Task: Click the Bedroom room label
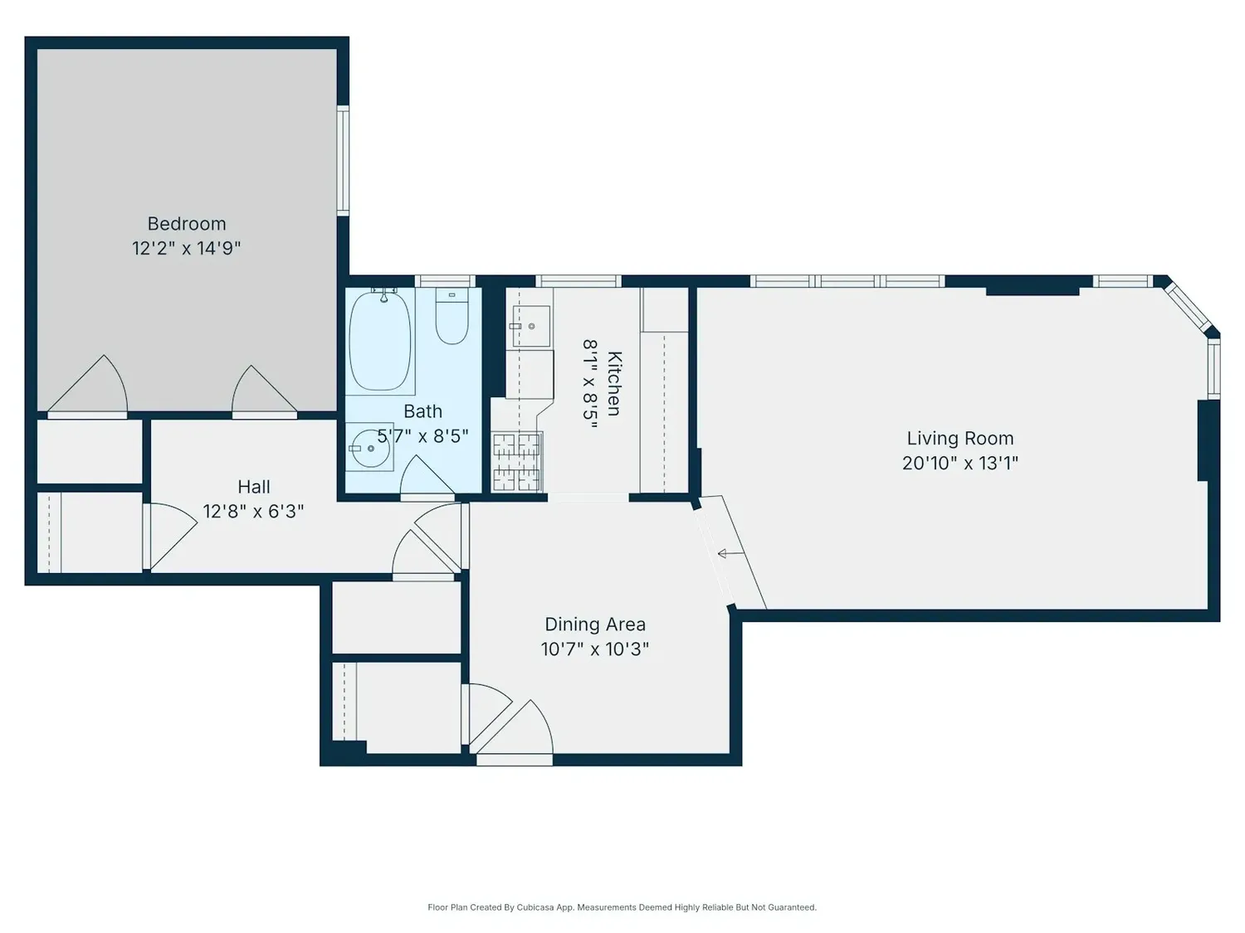pyautogui.click(x=187, y=224)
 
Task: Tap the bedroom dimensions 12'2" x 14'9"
pyautogui.click(x=187, y=248)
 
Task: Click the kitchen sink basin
pyautogui.click(x=531, y=326)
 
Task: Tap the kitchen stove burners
pyautogui.click(x=517, y=462)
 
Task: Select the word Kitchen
pyautogui.click(x=614, y=383)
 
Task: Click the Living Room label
pyautogui.click(x=959, y=438)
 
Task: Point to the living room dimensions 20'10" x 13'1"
pyautogui.click(x=959, y=463)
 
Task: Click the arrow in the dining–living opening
pyautogui.click(x=730, y=553)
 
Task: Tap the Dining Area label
pyautogui.click(x=595, y=624)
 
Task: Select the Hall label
pyautogui.click(x=253, y=487)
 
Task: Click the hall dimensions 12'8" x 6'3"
pyautogui.click(x=253, y=512)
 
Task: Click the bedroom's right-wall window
pyautogui.click(x=343, y=160)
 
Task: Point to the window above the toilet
pyautogui.click(x=445, y=281)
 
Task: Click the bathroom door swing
pyautogui.click(x=427, y=477)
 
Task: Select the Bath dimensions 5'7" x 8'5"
pyautogui.click(x=423, y=435)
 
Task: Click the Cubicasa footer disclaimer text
pyautogui.click(x=622, y=907)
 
